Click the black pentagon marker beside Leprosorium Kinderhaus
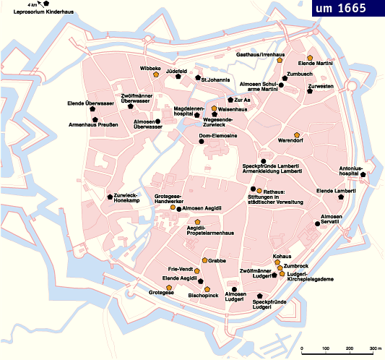click(x=47, y=4)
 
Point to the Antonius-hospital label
click(x=350, y=171)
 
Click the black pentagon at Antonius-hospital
click(x=363, y=174)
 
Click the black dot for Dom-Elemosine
click(x=202, y=142)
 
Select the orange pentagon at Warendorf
click(x=297, y=135)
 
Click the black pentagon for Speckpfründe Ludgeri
click(x=260, y=296)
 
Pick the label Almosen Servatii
click(x=332, y=219)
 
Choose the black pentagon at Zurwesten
click(x=308, y=93)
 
